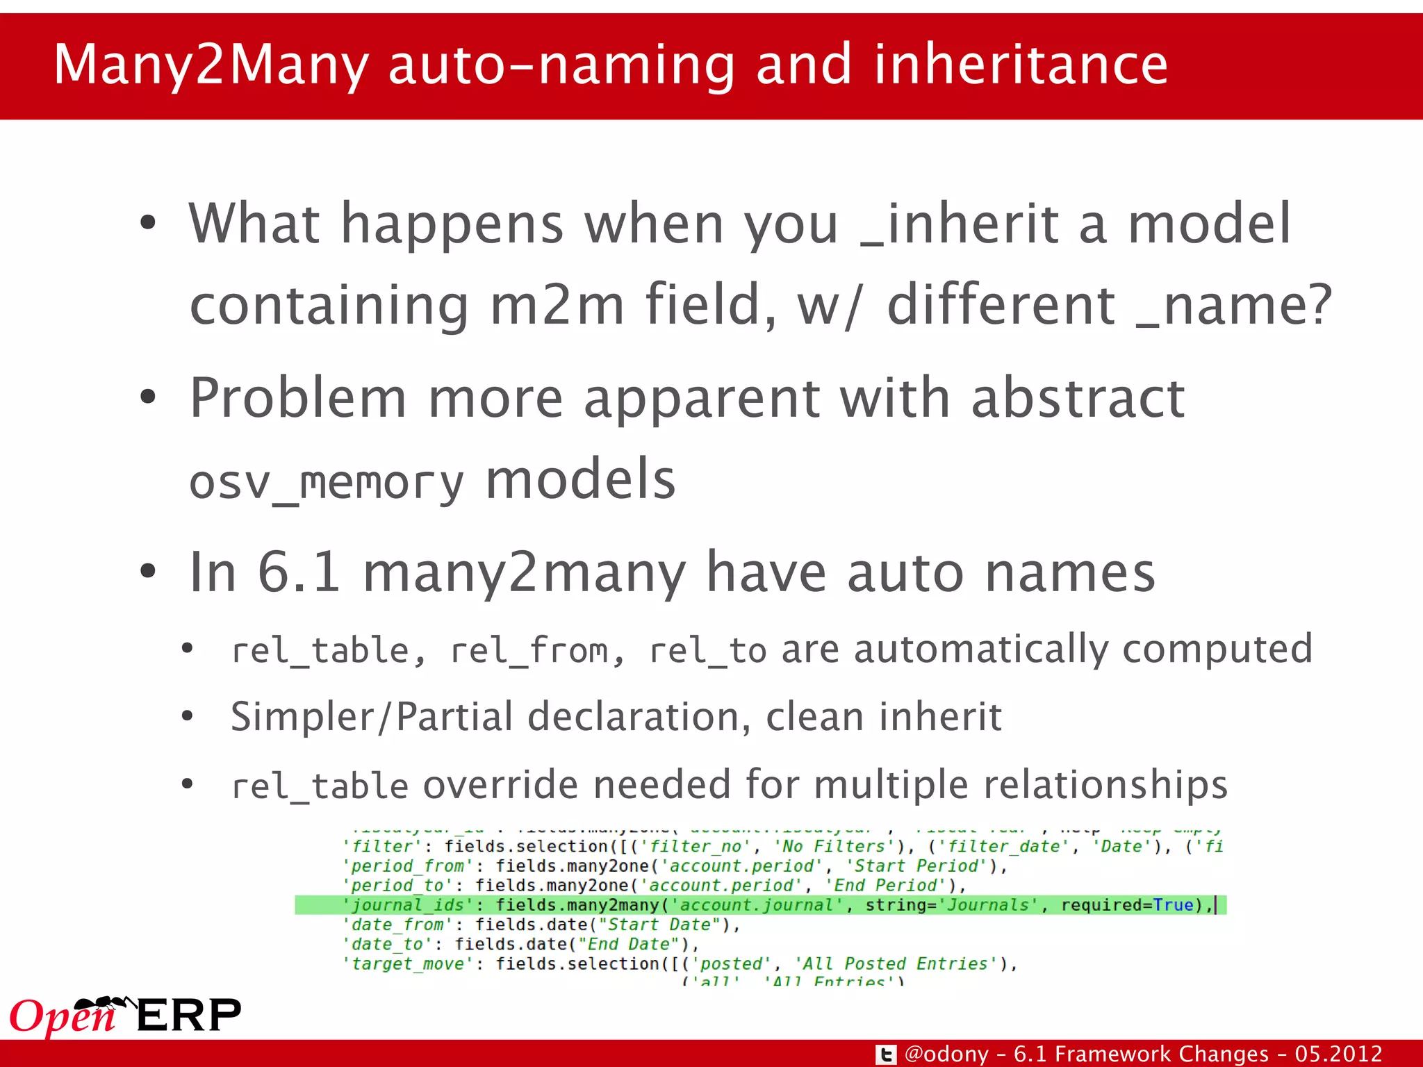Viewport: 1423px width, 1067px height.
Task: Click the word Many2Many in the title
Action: [x=211, y=65]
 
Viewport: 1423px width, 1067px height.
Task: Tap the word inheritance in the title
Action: [x=1021, y=64]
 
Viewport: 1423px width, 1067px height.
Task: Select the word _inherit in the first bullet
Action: [x=960, y=224]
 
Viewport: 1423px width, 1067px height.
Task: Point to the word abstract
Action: [x=1078, y=398]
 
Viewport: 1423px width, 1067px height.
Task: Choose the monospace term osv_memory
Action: [x=326, y=481]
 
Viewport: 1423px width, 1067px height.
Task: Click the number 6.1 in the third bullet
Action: [x=299, y=572]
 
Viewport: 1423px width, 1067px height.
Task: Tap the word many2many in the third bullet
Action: [x=525, y=573]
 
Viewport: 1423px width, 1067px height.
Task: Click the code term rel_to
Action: [x=707, y=651]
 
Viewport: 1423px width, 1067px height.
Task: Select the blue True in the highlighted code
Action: [x=1173, y=905]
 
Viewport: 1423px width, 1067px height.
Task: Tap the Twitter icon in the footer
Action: [x=885, y=1054]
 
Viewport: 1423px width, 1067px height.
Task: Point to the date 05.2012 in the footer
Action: [x=1338, y=1054]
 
